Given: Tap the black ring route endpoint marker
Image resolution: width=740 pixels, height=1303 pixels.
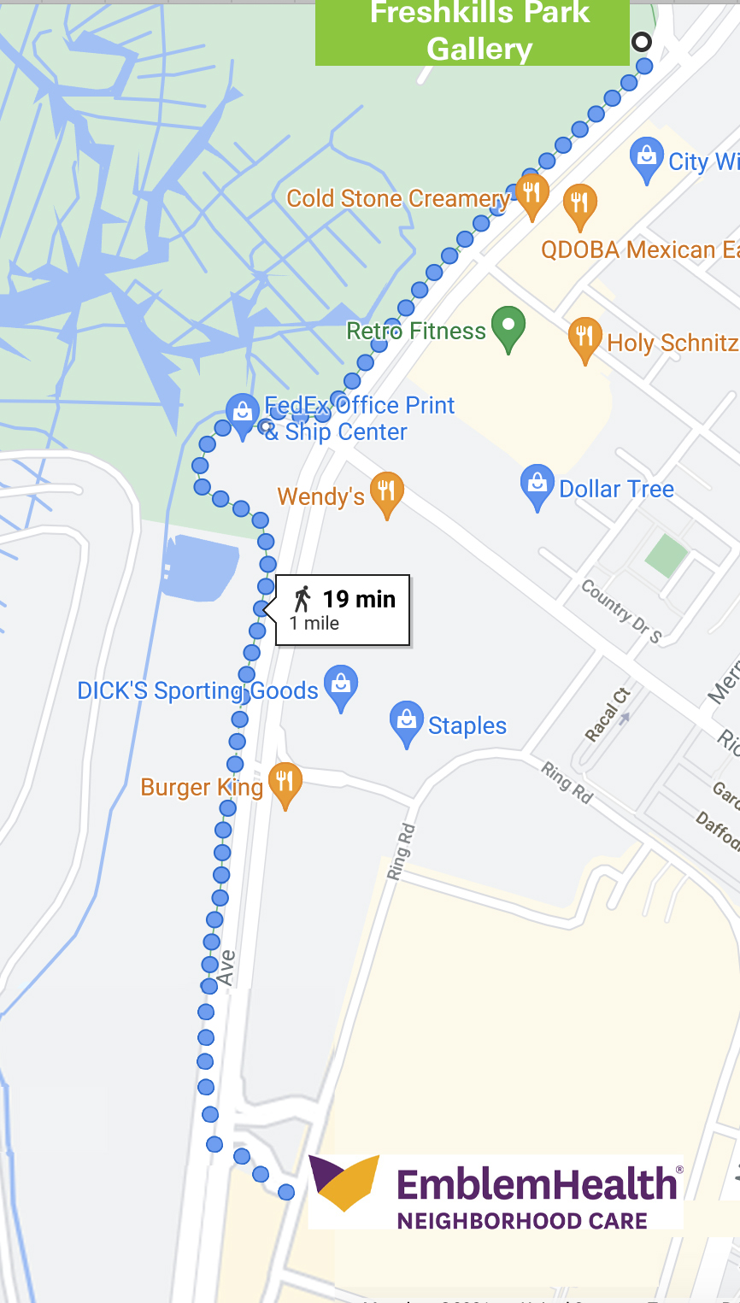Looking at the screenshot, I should pyautogui.click(x=641, y=41).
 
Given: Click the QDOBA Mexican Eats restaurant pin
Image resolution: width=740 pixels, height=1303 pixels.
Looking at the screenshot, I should pyautogui.click(x=580, y=206).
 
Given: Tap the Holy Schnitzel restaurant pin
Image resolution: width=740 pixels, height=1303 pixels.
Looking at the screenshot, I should pyautogui.click(x=584, y=339).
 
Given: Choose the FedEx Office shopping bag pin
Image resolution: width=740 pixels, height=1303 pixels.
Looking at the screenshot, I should pyautogui.click(x=243, y=414).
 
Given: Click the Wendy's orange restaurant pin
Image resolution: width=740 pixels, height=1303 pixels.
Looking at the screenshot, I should pyautogui.click(x=386, y=493).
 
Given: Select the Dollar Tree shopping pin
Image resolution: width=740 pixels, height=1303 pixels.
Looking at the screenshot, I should pyautogui.click(x=537, y=486).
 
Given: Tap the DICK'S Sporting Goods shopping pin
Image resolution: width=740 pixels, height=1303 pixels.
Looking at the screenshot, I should pyautogui.click(x=341, y=687).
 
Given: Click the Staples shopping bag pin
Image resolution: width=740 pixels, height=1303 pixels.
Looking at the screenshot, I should pyautogui.click(x=407, y=723).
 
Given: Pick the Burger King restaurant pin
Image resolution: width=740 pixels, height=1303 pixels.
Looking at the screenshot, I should pyautogui.click(x=285, y=784).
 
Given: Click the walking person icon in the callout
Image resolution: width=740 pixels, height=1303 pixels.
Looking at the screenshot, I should pyautogui.click(x=302, y=599).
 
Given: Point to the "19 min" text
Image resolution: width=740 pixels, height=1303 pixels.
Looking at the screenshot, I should pyautogui.click(x=359, y=599).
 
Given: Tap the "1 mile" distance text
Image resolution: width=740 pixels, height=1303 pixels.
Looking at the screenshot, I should pyautogui.click(x=314, y=624).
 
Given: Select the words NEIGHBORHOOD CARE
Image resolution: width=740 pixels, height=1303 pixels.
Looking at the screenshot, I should pyautogui.click(x=522, y=1220).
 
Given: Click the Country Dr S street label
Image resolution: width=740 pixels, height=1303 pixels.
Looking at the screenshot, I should pyautogui.click(x=621, y=611).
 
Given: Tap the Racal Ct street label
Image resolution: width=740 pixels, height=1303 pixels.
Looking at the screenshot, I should pyautogui.click(x=607, y=714).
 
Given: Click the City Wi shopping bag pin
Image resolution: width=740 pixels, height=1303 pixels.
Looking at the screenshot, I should pyautogui.click(x=647, y=159).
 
